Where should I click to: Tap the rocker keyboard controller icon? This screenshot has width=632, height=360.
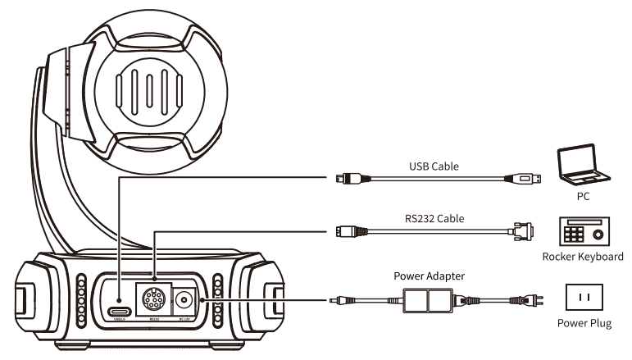tap(583, 232)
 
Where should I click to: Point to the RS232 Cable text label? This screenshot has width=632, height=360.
tap(433, 218)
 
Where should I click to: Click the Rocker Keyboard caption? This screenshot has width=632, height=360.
tap(582, 257)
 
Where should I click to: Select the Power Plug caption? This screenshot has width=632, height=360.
tap(584, 323)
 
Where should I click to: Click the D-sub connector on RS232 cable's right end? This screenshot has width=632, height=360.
tap(521, 231)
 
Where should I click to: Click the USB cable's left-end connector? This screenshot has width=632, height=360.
tap(348, 177)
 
